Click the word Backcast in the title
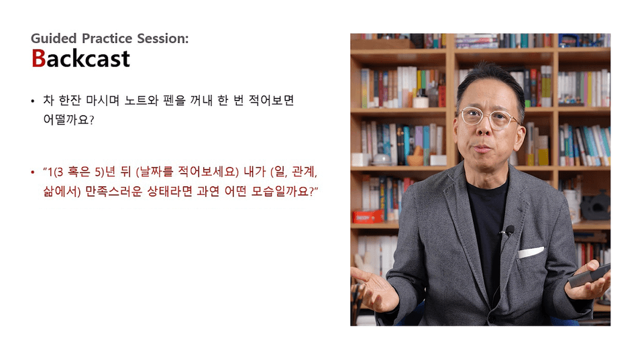click(x=80, y=58)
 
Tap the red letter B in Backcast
click(x=38, y=58)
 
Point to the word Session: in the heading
click(x=162, y=38)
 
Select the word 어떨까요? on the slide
click(x=68, y=120)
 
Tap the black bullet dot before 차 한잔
click(x=33, y=101)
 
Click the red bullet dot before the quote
click(x=33, y=172)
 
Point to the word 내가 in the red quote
click(x=255, y=172)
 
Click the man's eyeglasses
click(x=488, y=118)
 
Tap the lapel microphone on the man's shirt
click(x=509, y=231)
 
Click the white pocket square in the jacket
click(x=531, y=252)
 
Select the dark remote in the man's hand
click(x=588, y=276)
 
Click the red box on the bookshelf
click(x=368, y=217)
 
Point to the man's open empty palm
click(x=374, y=289)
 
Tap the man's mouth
click(x=484, y=148)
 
